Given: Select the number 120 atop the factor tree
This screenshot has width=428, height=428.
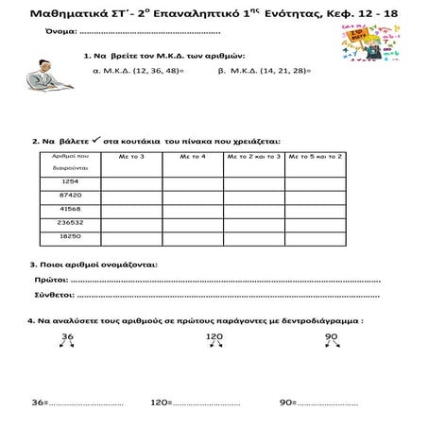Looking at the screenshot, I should (214, 336).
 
